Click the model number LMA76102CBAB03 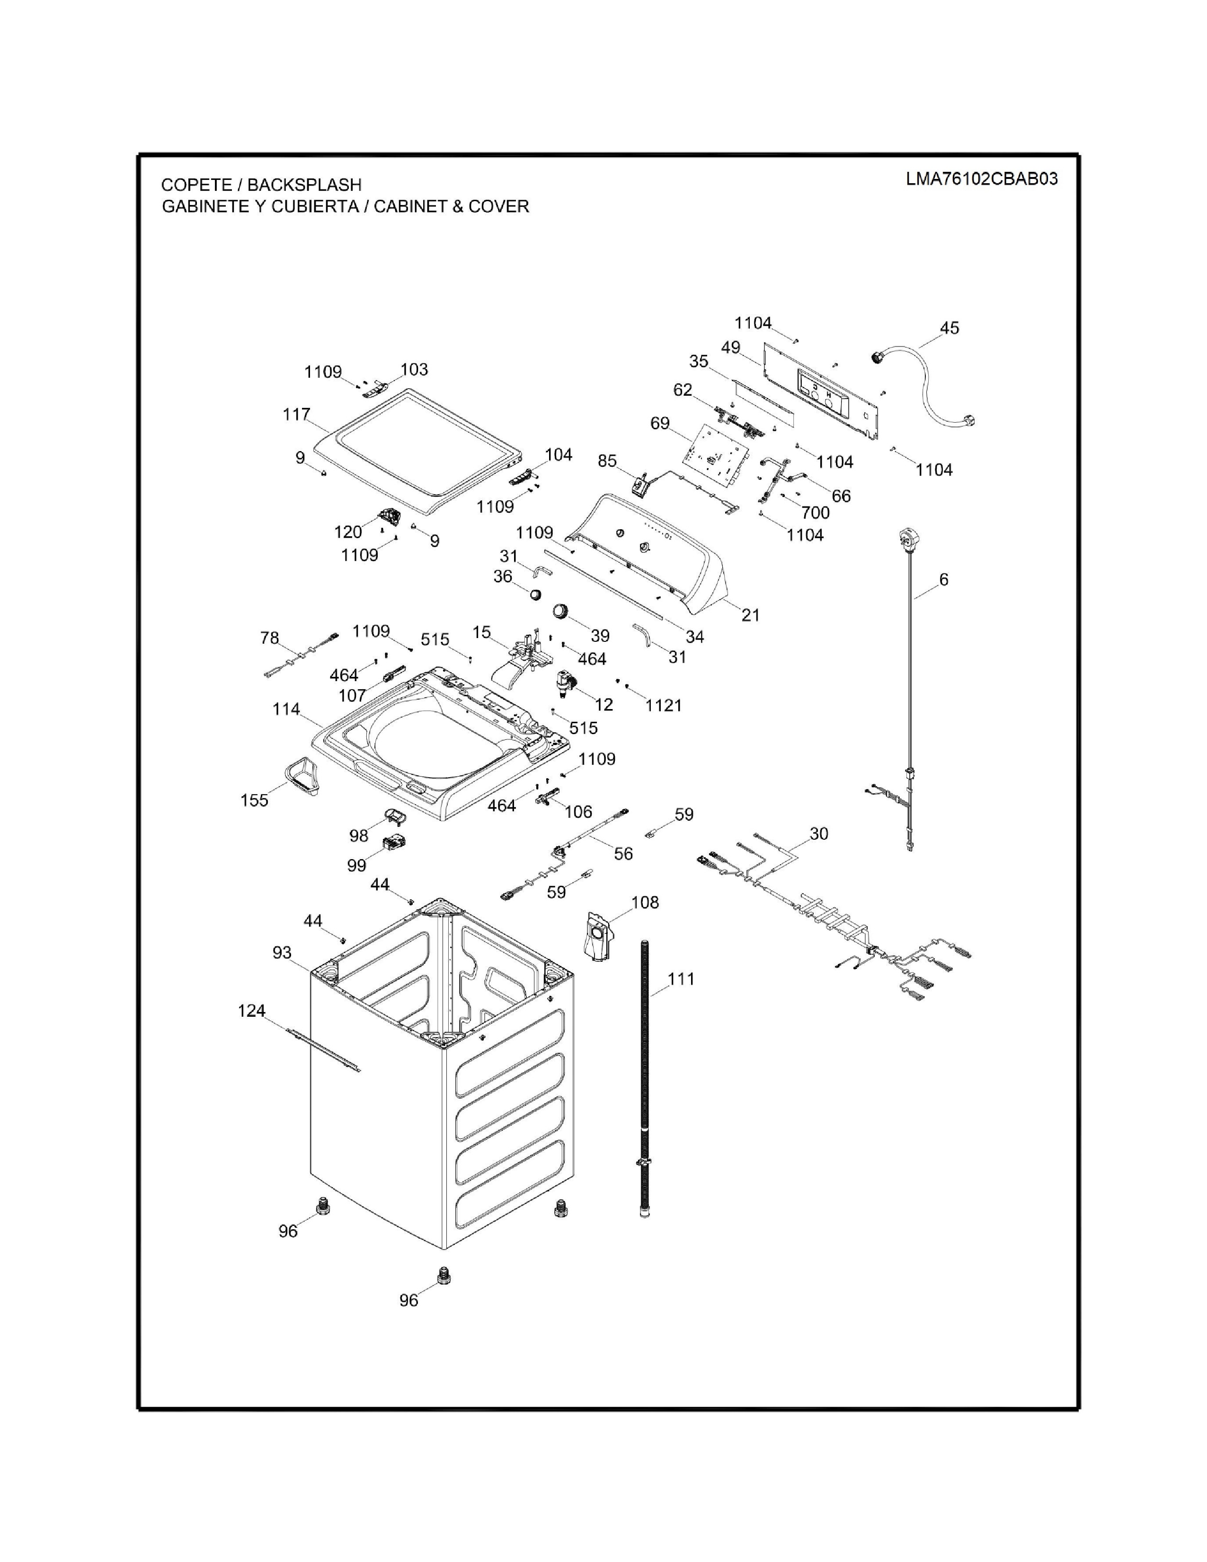982,179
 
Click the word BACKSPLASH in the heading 305,185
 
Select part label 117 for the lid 296,414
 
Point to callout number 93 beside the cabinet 283,953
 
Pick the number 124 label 252,1011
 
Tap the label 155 255,800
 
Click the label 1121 664,705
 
